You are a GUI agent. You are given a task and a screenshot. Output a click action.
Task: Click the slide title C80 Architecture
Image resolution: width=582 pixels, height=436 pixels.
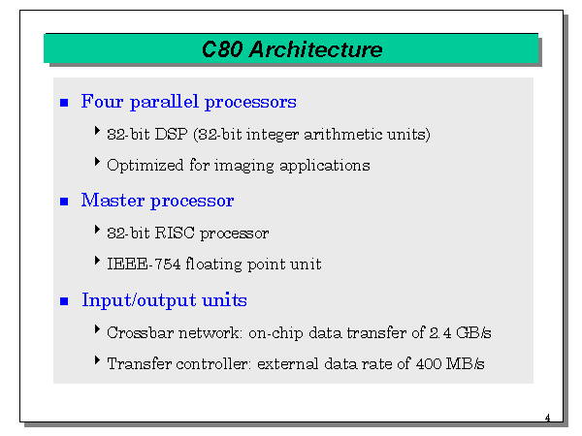coord(291,49)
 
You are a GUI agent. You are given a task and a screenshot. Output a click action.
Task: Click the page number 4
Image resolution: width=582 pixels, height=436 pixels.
coord(547,419)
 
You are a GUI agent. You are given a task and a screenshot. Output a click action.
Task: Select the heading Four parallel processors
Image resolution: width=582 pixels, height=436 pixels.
coord(188,102)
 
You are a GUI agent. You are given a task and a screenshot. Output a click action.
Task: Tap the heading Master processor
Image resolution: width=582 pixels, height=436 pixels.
coord(157,201)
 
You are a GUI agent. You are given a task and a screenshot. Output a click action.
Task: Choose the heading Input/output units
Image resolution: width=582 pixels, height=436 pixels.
coord(164,300)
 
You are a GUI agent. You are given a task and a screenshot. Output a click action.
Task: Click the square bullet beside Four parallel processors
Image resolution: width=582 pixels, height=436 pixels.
coord(65,103)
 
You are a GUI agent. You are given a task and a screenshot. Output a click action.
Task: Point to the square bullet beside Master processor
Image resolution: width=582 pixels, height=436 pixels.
coord(65,202)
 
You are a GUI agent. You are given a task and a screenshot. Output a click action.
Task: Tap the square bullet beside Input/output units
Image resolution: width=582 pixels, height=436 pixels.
coord(65,301)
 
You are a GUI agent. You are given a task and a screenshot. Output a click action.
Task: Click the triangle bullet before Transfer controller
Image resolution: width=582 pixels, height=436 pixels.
coord(98,361)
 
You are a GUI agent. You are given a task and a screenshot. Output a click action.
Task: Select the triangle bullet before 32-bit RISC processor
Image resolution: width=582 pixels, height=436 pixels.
coord(98,231)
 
